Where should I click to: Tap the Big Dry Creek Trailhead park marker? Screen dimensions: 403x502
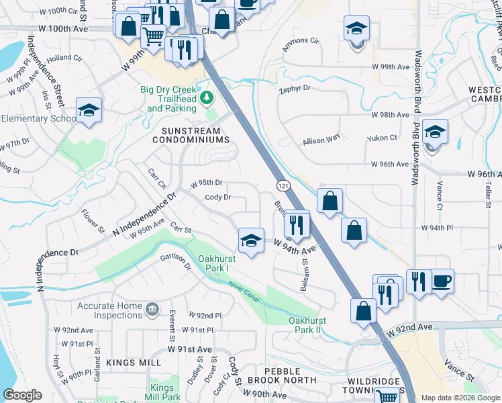click(207, 99)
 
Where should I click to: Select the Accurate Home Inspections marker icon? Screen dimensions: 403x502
click(153, 309)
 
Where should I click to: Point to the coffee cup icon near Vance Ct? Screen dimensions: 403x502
click(442, 281)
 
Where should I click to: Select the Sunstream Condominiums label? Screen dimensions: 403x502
click(195, 134)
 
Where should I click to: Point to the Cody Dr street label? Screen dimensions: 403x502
click(218, 197)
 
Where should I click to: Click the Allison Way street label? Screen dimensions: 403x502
click(321, 140)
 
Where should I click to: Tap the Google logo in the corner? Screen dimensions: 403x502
click(22, 395)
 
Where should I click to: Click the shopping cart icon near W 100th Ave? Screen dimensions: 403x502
click(154, 35)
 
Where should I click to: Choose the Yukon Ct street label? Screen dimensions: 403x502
click(382, 138)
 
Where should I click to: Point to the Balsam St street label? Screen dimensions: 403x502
click(303, 276)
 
